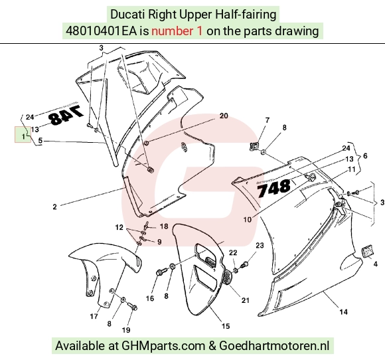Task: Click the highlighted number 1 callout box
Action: (x=23, y=134)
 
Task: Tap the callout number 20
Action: (x=224, y=116)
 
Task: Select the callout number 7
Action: (x=268, y=120)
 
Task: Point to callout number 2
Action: (x=54, y=207)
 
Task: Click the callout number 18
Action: (x=164, y=226)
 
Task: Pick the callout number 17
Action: (x=94, y=316)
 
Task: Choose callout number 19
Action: (x=126, y=329)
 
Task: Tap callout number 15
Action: (x=226, y=326)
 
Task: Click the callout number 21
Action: (x=246, y=300)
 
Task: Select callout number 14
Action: (x=343, y=312)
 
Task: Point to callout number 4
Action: (x=376, y=264)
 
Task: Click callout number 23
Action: (x=260, y=245)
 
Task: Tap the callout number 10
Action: (x=247, y=219)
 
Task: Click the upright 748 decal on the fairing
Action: (x=273, y=188)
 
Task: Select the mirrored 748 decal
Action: (x=66, y=116)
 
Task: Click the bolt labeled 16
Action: (x=161, y=272)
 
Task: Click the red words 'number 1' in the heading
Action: (x=177, y=31)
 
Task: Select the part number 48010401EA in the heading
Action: (x=101, y=31)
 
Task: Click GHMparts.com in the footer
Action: (x=163, y=346)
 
